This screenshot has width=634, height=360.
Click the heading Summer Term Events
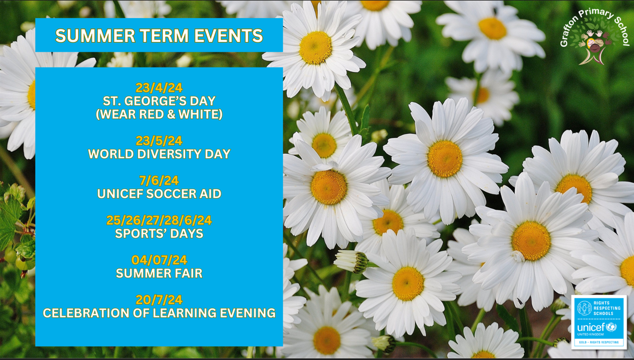pos(159,36)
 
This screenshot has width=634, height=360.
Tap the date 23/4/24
pos(159,87)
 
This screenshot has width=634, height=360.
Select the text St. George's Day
pos(159,101)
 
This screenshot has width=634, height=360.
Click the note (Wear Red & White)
pos(159,115)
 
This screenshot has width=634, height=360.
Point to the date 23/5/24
pos(159,141)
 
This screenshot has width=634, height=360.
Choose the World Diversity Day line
pos(159,154)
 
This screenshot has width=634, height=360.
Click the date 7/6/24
pos(159,180)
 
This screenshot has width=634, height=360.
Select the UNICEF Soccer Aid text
pos(159,194)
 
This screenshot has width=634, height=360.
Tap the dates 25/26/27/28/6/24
pos(159,220)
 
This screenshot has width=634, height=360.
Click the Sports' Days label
pos(159,233)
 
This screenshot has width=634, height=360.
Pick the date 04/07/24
pos(159,260)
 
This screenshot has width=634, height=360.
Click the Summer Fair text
pos(159,273)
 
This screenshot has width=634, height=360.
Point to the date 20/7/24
pos(159,300)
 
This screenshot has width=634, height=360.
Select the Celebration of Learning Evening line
pos(159,313)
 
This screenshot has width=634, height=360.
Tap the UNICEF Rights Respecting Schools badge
pos(599,322)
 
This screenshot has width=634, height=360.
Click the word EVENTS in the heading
pos(229,36)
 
